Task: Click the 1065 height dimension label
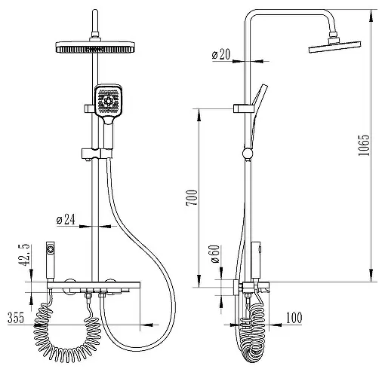pyautogui.click(x=364, y=145)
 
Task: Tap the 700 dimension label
pyautogui.click(x=192, y=198)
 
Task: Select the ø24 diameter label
pyautogui.click(x=66, y=219)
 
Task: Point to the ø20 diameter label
pyautogui.click(x=221, y=54)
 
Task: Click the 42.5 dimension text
pyautogui.click(x=24, y=255)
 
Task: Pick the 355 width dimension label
pyautogui.click(x=16, y=318)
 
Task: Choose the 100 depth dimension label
pyautogui.click(x=294, y=318)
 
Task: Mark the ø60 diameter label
pyautogui.click(x=215, y=254)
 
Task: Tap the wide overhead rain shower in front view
pyautogui.click(x=95, y=47)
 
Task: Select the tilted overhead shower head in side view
pyautogui.click(x=334, y=47)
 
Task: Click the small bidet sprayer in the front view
pyautogui.click(x=51, y=260)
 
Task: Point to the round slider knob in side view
pyautogui.click(x=248, y=154)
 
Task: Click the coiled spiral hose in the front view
pyautogui.click(x=67, y=336)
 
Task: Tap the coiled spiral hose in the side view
pyautogui.click(x=252, y=333)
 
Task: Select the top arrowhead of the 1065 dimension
pyautogui.click(x=371, y=15)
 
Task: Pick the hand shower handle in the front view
pyautogui.click(x=109, y=133)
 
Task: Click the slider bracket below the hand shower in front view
pyautogui.click(x=97, y=154)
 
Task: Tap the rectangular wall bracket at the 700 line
pyautogui.click(x=243, y=108)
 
